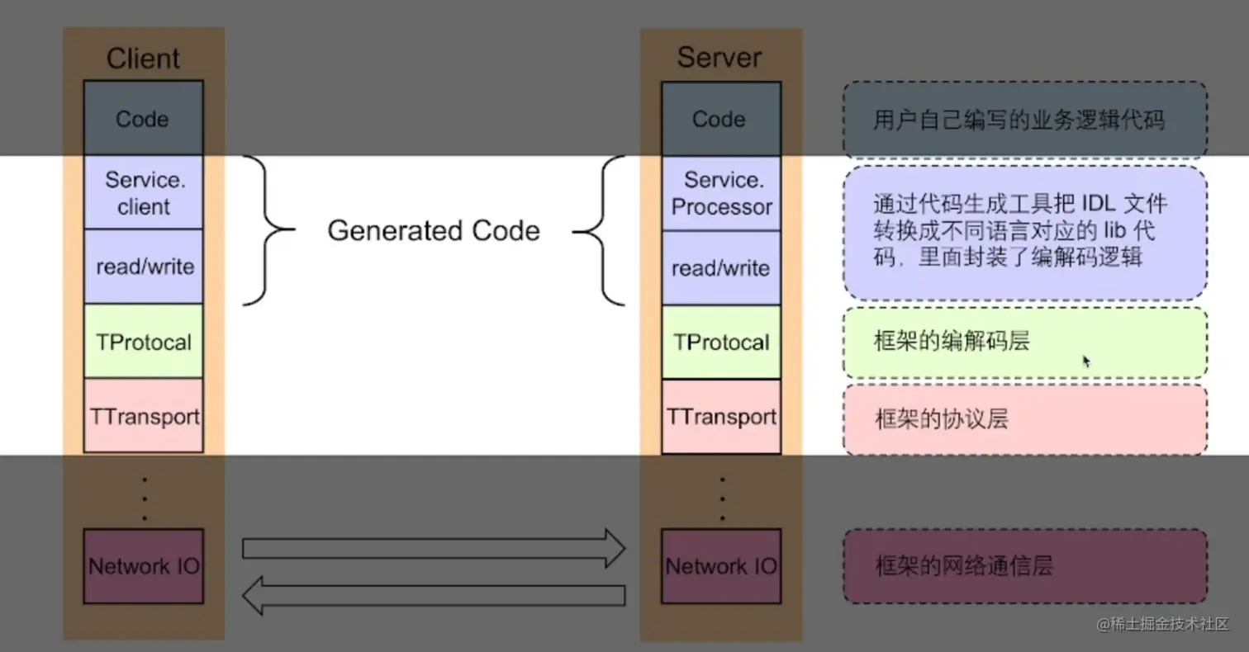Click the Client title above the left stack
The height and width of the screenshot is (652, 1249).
[x=143, y=59]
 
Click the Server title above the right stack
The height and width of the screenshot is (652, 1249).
[x=719, y=57]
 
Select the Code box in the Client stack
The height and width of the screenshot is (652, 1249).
[x=143, y=119]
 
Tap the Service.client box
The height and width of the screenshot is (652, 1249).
[x=143, y=193]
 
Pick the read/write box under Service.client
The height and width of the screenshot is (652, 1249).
[x=143, y=267]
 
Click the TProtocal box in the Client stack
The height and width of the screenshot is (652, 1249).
[x=143, y=342]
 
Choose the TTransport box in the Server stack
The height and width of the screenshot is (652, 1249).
[x=720, y=417]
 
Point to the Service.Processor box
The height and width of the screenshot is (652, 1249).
[x=720, y=194]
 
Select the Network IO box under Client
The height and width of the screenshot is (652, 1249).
[x=143, y=566]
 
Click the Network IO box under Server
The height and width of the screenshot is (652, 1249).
[x=720, y=566]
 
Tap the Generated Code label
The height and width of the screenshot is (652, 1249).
[x=433, y=230]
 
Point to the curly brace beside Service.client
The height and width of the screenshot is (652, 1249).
[x=268, y=230]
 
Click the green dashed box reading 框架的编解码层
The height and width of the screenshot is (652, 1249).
[x=1024, y=343]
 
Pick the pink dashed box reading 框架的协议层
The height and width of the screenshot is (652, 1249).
[x=1024, y=419]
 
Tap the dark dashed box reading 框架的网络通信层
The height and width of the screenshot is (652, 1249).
[x=1024, y=566]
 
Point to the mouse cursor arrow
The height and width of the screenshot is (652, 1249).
[x=1086, y=361]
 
